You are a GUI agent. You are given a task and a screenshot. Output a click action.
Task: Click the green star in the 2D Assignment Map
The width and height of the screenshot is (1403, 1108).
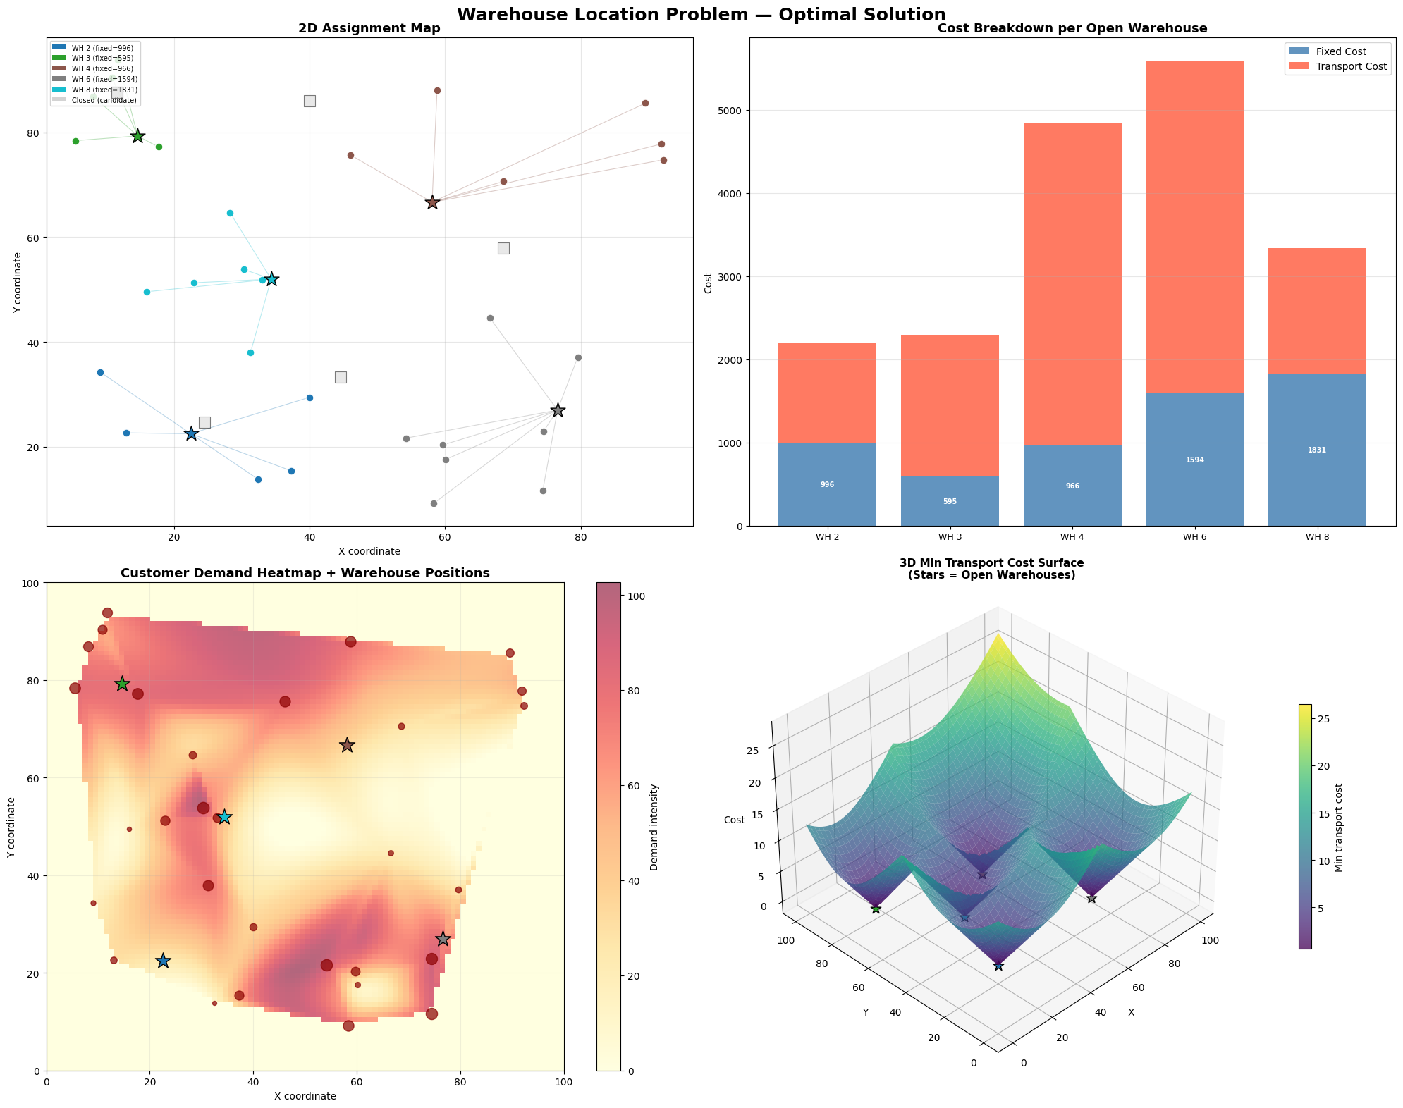(x=138, y=136)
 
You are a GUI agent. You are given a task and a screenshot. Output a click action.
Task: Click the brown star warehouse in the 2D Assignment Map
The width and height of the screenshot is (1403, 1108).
(x=432, y=202)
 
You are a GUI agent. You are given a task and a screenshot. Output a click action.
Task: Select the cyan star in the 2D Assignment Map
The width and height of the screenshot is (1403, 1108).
(x=271, y=279)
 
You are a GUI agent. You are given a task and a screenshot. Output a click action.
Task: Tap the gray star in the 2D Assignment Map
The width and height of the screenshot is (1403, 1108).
(x=558, y=410)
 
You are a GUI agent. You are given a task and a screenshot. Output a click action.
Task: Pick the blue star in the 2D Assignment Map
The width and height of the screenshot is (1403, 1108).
(x=191, y=433)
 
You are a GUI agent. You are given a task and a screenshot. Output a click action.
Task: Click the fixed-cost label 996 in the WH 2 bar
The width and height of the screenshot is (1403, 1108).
(x=827, y=485)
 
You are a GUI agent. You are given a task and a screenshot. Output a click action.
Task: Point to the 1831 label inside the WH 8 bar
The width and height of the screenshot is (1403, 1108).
(x=1316, y=450)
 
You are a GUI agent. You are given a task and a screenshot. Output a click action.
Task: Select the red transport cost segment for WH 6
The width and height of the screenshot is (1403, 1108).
(x=1194, y=226)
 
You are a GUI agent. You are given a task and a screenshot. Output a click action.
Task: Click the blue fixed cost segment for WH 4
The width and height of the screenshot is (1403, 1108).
(x=1072, y=486)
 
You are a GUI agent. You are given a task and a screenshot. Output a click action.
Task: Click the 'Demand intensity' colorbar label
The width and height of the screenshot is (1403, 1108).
(x=654, y=827)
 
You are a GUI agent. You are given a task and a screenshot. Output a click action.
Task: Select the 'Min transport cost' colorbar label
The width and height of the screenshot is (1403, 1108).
(x=1338, y=827)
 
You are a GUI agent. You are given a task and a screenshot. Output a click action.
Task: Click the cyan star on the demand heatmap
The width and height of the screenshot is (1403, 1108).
(x=224, y=817)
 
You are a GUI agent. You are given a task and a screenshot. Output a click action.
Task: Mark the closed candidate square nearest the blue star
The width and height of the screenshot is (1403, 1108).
(x=204, y=422)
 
